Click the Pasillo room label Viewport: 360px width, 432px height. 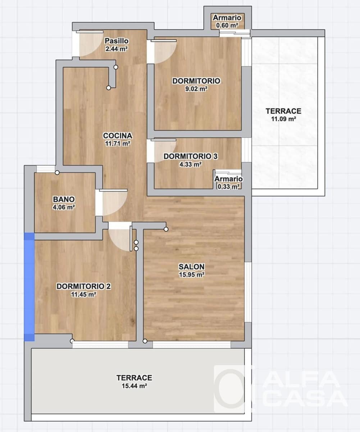(117, 41)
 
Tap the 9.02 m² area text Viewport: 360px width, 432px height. (196, 89)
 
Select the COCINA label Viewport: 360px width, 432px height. (118, 136)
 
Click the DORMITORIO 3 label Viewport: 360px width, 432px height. (190, 156)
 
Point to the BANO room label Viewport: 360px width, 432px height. (64, 199)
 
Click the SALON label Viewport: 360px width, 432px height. (192, 267)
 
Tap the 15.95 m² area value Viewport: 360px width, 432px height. (192, 275)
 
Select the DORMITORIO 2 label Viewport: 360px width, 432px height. (83, 286)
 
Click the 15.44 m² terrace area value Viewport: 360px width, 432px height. (134, 386)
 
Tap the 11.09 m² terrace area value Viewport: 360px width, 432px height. (283, 119)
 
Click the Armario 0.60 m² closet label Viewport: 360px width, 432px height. (227, 18)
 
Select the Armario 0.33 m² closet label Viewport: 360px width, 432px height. (229, 179)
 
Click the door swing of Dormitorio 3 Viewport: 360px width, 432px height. (164, 150)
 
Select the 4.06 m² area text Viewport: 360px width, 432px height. (64, 207)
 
